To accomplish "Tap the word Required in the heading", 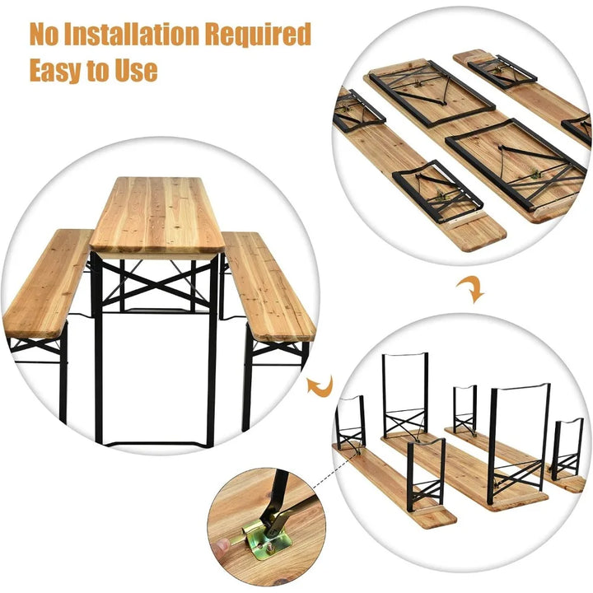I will [x=262, y=35].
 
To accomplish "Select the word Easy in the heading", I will [x=60, y=70].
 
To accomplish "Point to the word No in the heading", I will [x=47, y=35].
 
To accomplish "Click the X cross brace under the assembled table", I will [x=156, y=280].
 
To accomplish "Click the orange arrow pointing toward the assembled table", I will [x=317, y=384].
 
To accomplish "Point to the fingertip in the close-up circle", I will [x=221, y=546].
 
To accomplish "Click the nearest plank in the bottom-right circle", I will [x=395, y=486].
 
